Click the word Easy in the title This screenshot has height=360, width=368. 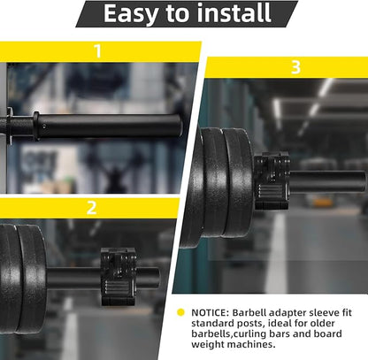point(132,13)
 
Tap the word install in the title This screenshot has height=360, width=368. point(234,12)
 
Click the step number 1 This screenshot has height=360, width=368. point(97,51)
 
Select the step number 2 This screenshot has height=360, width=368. point(91,207)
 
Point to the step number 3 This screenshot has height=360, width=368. point(295,67)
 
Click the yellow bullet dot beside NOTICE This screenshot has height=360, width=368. point(180,312)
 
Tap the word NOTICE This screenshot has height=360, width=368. point(210,312)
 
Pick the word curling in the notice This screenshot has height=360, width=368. point(249,334)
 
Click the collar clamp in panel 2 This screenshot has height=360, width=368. point(119,277)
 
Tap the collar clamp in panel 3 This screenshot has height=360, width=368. point(272,181)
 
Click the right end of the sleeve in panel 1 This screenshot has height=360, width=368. point(180,126)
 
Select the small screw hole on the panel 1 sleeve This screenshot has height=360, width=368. point(44,126)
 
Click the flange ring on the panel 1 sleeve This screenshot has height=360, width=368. point(36,126)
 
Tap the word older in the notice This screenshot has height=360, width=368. point(322,323)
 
